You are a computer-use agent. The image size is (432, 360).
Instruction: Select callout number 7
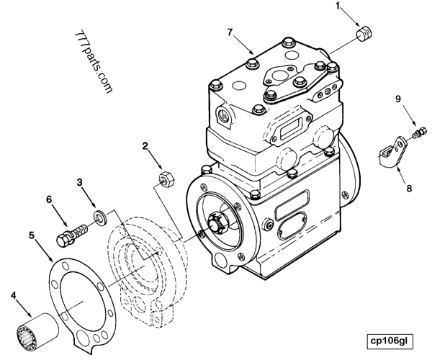[230, 32]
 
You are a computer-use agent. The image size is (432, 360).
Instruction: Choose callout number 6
[49, 199]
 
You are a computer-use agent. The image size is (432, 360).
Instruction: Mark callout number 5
[32, 235]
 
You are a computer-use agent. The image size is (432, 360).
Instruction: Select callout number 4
[12, 294]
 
